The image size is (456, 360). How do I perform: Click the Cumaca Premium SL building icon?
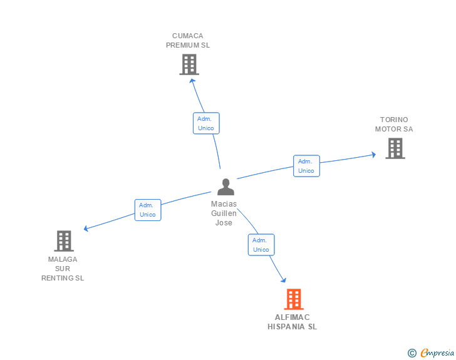click(x=189, y=64)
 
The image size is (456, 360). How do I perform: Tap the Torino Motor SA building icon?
click(x=395, y=148)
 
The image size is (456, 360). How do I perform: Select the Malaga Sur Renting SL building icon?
click(x=63, y=240)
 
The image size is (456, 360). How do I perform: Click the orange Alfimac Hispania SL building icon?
click(x=293, y=299)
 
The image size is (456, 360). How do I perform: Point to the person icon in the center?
click(x=225, y=187)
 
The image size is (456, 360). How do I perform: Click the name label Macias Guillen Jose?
click(x=224, y=213)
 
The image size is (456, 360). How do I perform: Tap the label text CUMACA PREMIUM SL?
click(x=188, y=41)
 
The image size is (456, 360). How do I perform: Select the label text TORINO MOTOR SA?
click(x=394, y=125)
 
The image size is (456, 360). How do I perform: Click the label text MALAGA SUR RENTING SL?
click(x=63, y=269)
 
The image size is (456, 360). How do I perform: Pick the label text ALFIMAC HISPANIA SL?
click(x=293, y=322)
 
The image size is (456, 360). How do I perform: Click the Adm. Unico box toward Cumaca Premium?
click(x=205, y=123)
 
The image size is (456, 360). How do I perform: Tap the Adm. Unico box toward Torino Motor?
click(x=306, y=166)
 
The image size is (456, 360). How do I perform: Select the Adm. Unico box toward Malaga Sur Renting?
click(x=148, y=210)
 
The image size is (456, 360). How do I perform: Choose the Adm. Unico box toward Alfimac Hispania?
click(x=261, y=245)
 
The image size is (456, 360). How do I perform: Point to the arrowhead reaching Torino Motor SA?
click(x=373, y=154)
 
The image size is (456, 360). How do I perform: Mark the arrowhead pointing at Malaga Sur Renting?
click(x=86, y=229)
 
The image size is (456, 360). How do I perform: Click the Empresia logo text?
click(x=437, y=353)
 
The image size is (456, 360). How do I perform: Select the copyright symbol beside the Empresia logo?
click(x=412, y=353)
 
